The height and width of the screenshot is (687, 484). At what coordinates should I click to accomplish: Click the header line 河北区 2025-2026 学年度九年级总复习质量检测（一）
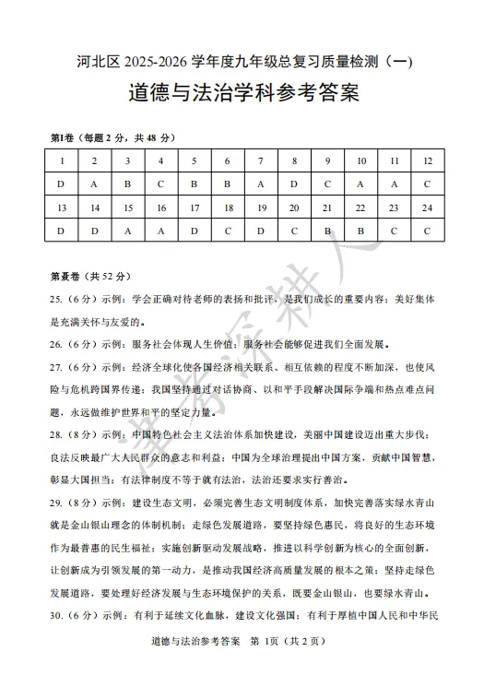tap(242, 62)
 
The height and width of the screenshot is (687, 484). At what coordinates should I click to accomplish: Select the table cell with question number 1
tap(61, 160)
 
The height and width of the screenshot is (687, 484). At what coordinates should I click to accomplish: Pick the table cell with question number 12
tap(427, 160)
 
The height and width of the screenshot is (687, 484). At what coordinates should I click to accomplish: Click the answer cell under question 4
tap(160, 184)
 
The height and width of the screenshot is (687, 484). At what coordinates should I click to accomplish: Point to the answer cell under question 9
tap(327, 184)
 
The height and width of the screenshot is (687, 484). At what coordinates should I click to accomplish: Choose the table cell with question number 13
tap(61, 207)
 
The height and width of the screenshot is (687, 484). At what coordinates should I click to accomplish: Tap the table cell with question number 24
tap(427, 207)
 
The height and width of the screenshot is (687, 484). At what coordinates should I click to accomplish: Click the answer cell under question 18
tap(228, 231)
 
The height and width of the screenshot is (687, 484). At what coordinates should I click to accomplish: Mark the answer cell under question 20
tap(294, 231)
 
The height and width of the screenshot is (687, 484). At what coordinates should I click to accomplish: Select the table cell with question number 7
tap(261, 160)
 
